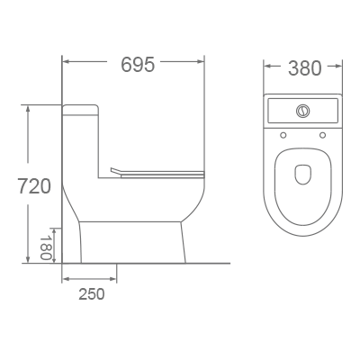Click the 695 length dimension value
[138, 65]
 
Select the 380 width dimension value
[304, 68]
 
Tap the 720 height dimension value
[34, 186]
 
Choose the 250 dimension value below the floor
[90, 293]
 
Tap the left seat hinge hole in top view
[283, 136]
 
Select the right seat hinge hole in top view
[323, 136]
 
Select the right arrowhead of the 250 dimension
[114, 279]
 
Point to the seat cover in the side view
[157, 172]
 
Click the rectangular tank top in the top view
[303, 112]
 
